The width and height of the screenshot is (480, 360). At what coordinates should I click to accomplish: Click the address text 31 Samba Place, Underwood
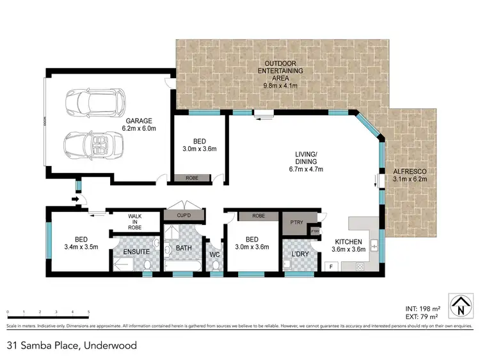point(72,345)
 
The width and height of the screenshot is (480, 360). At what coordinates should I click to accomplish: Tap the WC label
point(214,255)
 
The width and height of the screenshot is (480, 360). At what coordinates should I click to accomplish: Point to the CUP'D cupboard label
point(184,216)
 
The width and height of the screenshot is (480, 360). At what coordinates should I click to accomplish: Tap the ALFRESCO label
point(409,172)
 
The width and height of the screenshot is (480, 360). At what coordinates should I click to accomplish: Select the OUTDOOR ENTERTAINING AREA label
point(281,74)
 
